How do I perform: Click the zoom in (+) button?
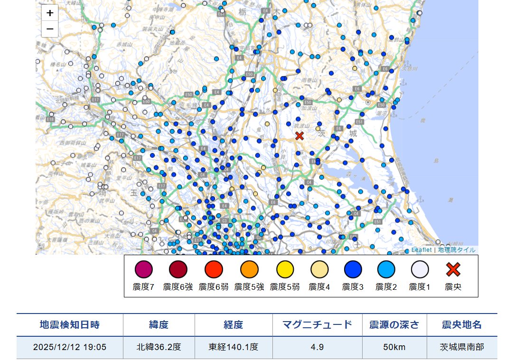click(x=50, y=13)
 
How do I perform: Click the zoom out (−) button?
click(x=50, y=29)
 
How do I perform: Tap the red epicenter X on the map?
click(x=299, y=136)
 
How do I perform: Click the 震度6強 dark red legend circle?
click(x=178, y=269)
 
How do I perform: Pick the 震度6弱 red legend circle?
click(x=214, y=269)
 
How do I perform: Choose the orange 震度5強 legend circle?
click(x=249, y=269)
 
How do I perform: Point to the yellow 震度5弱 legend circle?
click(x=285, y=269)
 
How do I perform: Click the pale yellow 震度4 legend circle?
click(x=319, y=269)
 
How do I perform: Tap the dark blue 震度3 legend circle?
click(x=353, y=269)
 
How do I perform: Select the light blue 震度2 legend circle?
click(x=386, y=269)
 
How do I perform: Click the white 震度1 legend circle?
click(x=420, y=269)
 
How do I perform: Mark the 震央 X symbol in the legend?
click(x=453, y=269)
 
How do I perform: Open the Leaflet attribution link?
click(x=421, y=250)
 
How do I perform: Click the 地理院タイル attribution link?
click(x=457, y=250)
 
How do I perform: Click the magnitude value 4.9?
click(x=317, y=347)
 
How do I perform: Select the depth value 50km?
click(x=394, y=347)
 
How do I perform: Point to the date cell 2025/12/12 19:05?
click(x=70, y=347)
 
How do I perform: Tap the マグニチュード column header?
click(x=317, y=325)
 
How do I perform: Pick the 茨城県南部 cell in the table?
click(x=462, y=347)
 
